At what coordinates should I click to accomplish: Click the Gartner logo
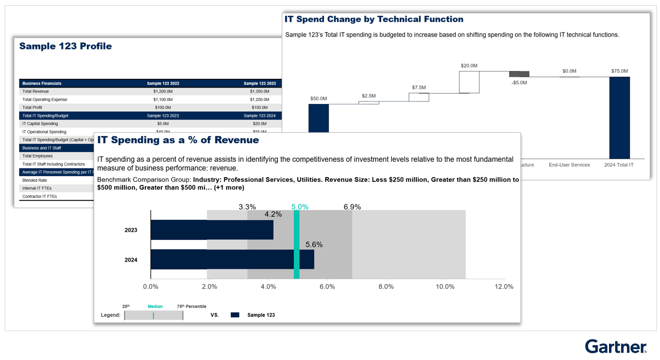pos(615,347)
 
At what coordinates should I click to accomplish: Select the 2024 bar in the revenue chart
pos(232,260)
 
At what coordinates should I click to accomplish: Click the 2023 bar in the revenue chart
pos(211,230)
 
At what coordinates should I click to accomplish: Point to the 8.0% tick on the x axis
pos(386,287)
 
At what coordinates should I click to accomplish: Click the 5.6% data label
pos(314,245)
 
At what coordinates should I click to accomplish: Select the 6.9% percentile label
pos(352,207)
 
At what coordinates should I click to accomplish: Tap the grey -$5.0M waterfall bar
pos(519,74)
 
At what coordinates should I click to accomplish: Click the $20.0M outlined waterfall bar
pos(469,82)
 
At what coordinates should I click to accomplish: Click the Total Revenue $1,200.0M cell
pos(163,91)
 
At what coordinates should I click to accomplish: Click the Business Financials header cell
pos(42,83)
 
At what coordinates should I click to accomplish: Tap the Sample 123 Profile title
pos(65,46)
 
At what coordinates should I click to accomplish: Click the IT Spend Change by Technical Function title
pos(374,20)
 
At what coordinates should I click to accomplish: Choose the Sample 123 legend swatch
pos(235,315)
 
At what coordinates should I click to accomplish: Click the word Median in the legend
pos(155,306)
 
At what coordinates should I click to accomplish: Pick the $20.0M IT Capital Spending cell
pos(259,124)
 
